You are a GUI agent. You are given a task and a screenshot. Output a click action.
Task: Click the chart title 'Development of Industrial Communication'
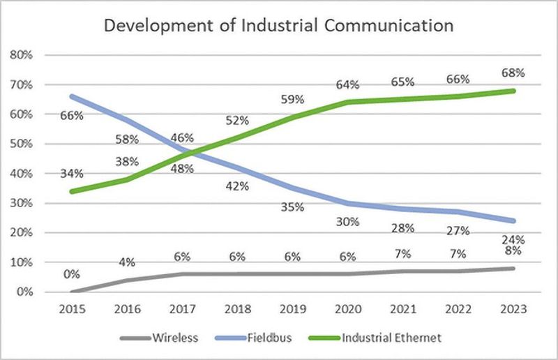point(278,27)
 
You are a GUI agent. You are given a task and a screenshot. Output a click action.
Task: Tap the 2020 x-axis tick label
point(347,308)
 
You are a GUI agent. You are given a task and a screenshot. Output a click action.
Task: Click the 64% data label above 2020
point(347,84)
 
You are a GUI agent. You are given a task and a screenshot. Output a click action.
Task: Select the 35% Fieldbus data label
point(292,207)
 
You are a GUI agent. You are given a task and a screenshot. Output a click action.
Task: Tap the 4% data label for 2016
point(126,262)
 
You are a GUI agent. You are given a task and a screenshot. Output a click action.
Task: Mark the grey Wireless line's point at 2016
point(126,280)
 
